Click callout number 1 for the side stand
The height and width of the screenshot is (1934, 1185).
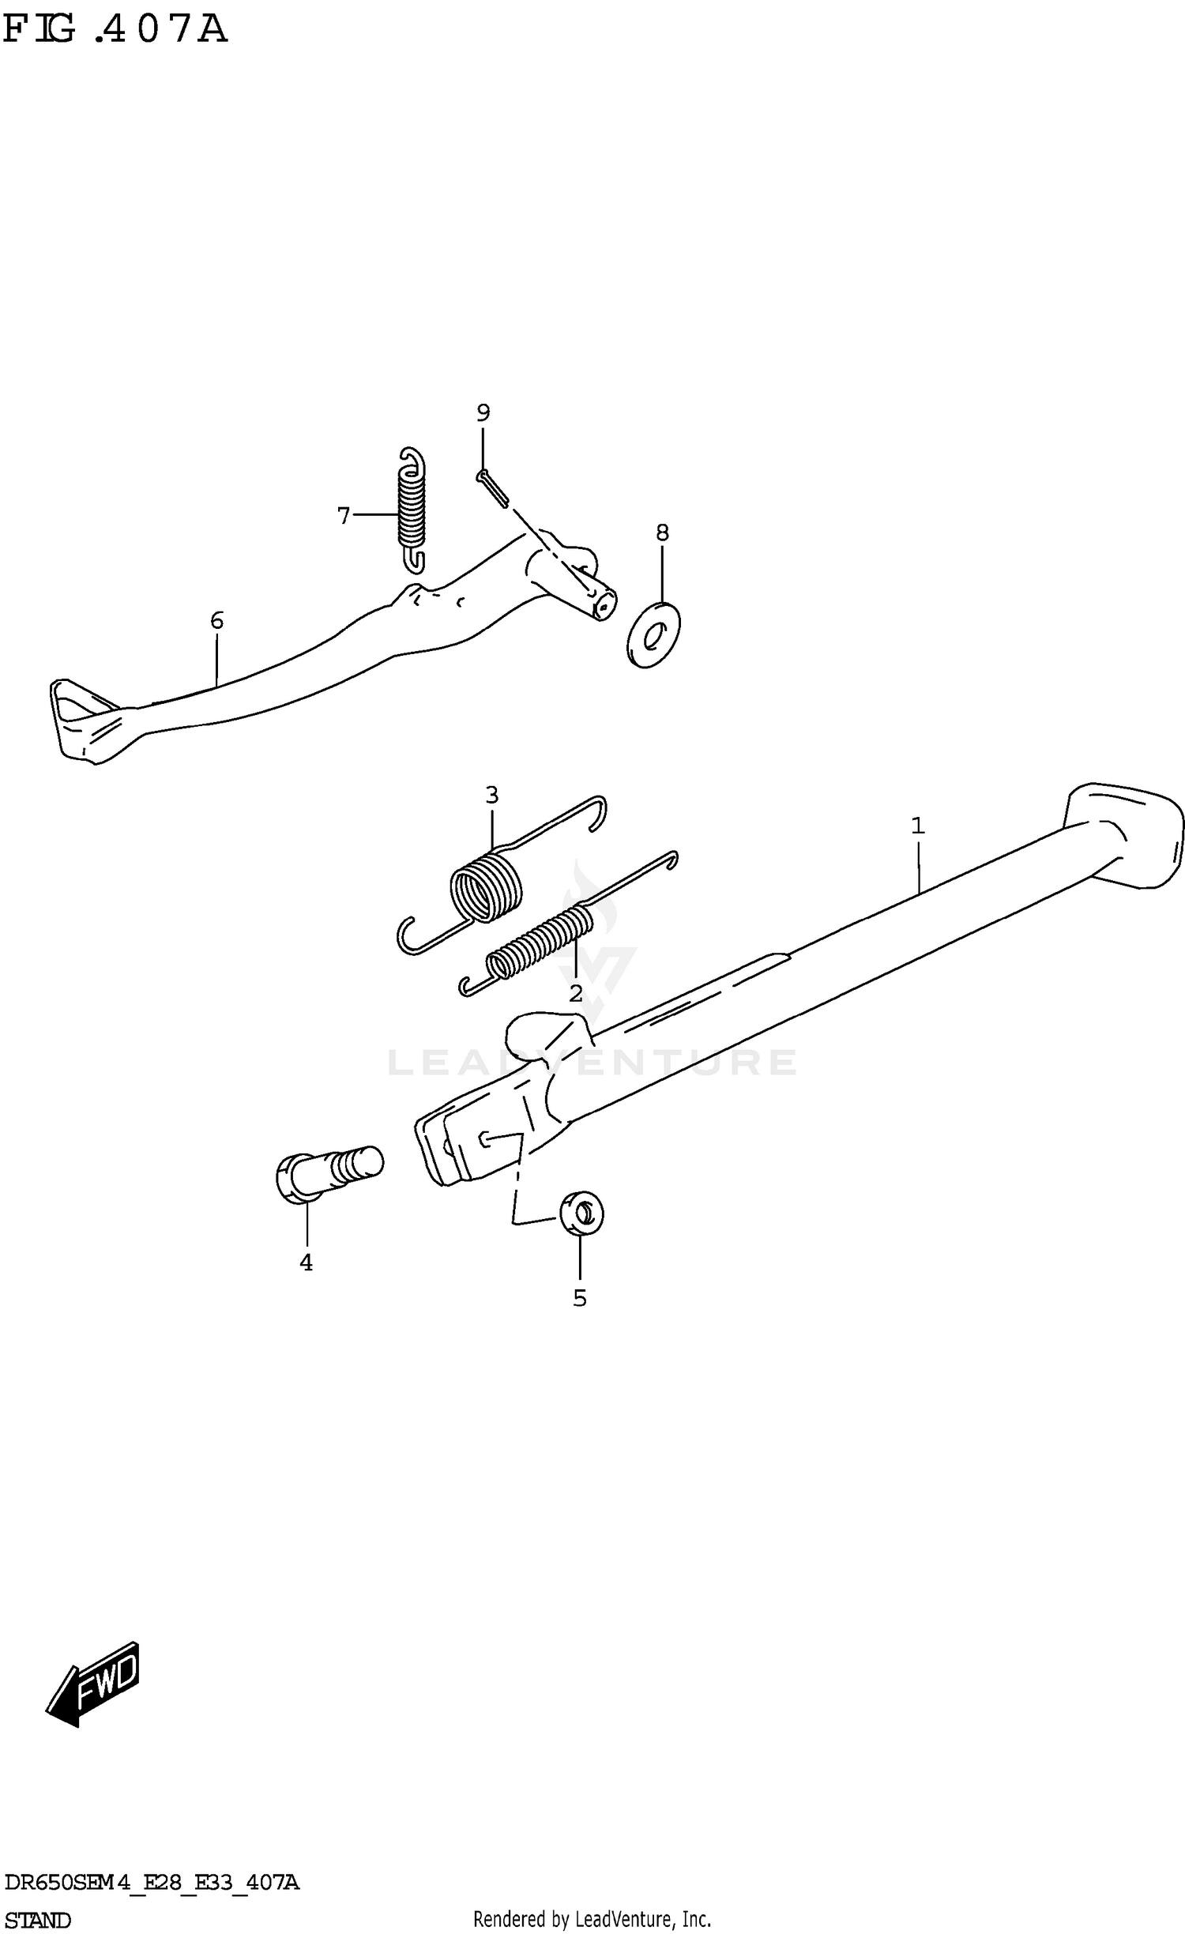[917, 826]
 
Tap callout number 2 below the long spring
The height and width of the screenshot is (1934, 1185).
[576, 993]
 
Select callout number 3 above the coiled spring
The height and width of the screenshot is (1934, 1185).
[491, 795]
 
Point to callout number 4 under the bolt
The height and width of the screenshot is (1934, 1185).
[306, 1262]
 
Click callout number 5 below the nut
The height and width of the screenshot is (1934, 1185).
[580, 1298]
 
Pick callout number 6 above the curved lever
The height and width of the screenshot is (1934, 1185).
[216, 620]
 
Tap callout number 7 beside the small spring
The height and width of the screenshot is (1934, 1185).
[344, 516]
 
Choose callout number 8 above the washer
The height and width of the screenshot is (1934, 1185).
[662, 532]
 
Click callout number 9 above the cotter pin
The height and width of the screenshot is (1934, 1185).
[483, 412]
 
